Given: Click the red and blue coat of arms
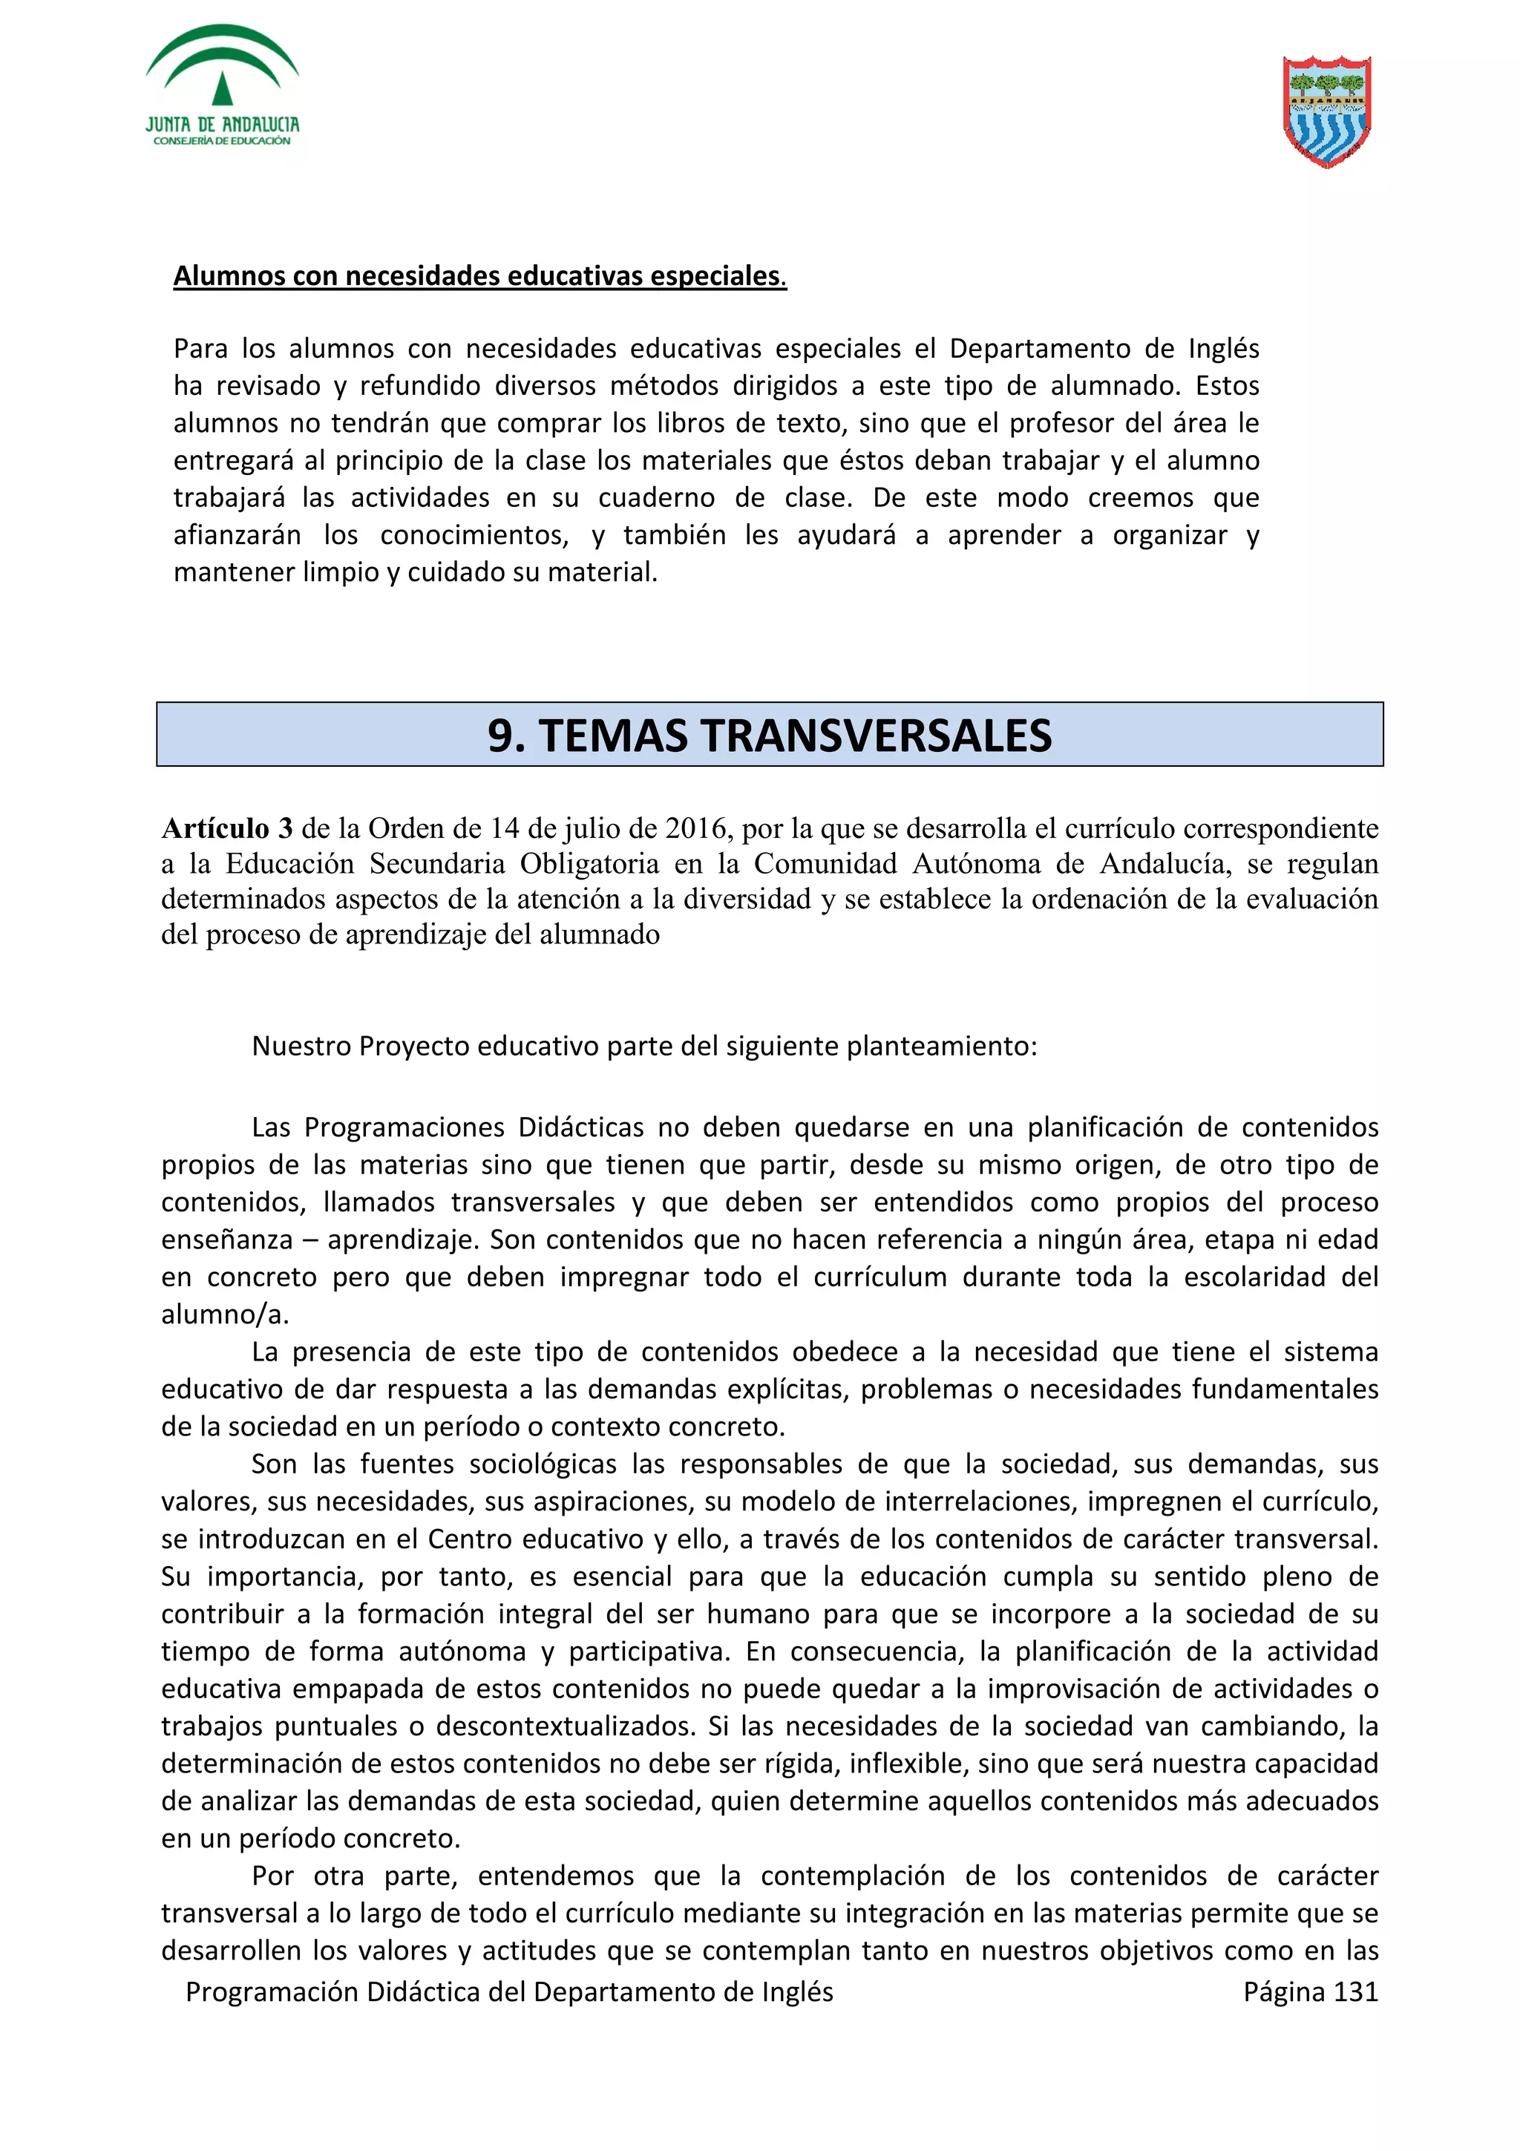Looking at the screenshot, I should point(1326,111).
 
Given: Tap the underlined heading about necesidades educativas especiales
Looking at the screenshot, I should point(479,276).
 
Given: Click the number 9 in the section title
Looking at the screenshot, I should point(501,736).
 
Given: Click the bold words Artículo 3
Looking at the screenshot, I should point(226,828).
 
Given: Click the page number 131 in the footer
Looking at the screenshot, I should point(1355,1991).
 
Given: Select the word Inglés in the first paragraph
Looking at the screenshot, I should point(1223,349).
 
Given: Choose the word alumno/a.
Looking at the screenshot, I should point(225,1314).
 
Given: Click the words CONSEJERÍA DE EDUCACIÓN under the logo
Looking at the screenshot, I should point(222,142).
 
